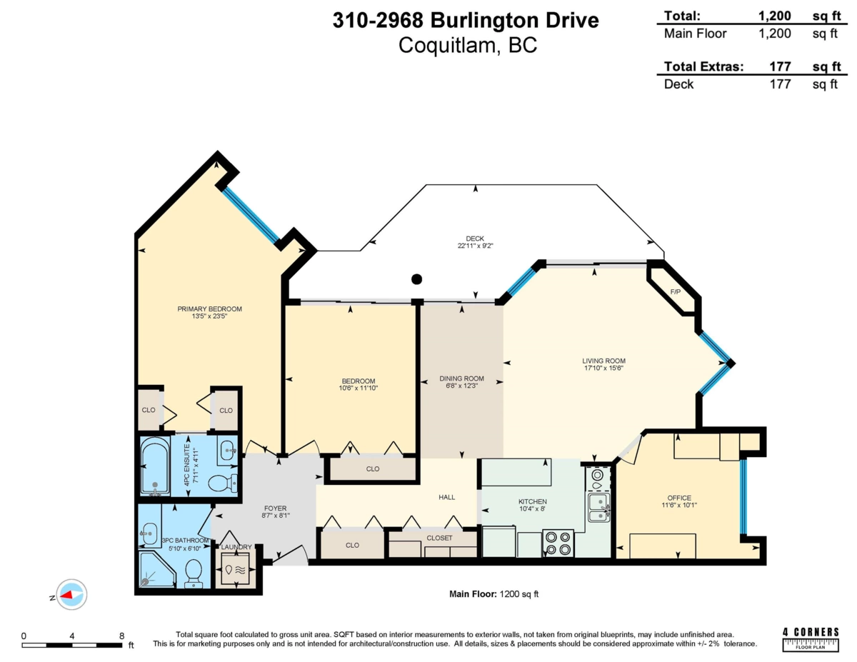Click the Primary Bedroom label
(x=209, y=309)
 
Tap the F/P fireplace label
(x=675, y=292)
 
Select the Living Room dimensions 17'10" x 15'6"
(x=603, y=368)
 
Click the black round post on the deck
(x=417, y=279)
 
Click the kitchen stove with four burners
(x=558, y=543)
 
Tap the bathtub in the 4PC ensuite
(x=155, y=468)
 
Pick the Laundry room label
(x=236, y=547)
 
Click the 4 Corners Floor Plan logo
(x=811, y=638)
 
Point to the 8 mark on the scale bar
(x=121, y=635)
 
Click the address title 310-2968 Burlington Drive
(x=466, y=21)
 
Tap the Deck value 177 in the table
(x=780, y=84)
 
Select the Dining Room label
(x=461, y=378)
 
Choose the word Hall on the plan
(x=447, y=497)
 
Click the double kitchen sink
(x=598, y=507)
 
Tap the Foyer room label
(x=275, y=508)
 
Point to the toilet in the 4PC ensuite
(x=223, y=483)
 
